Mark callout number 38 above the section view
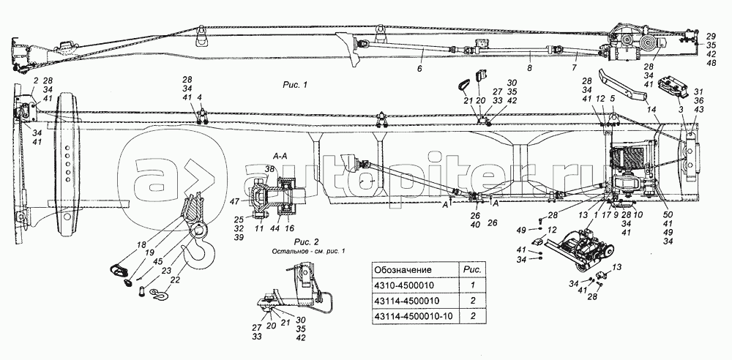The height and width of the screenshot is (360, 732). (x=271, y=168)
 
